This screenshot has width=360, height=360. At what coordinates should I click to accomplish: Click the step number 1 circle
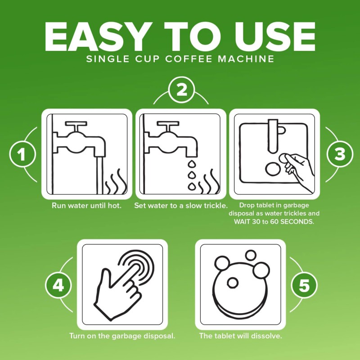22,154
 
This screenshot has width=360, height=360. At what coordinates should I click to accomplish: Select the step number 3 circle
339,154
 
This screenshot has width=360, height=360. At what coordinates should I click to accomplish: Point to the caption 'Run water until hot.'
86,206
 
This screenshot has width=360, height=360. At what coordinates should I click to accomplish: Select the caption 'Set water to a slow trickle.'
181,206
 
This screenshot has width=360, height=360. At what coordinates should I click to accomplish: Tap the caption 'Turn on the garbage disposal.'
121,336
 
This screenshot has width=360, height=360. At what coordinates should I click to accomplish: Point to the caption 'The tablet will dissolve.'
241,336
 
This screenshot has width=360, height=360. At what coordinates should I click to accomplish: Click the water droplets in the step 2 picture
192,173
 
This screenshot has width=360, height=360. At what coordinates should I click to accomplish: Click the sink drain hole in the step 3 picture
273,169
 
